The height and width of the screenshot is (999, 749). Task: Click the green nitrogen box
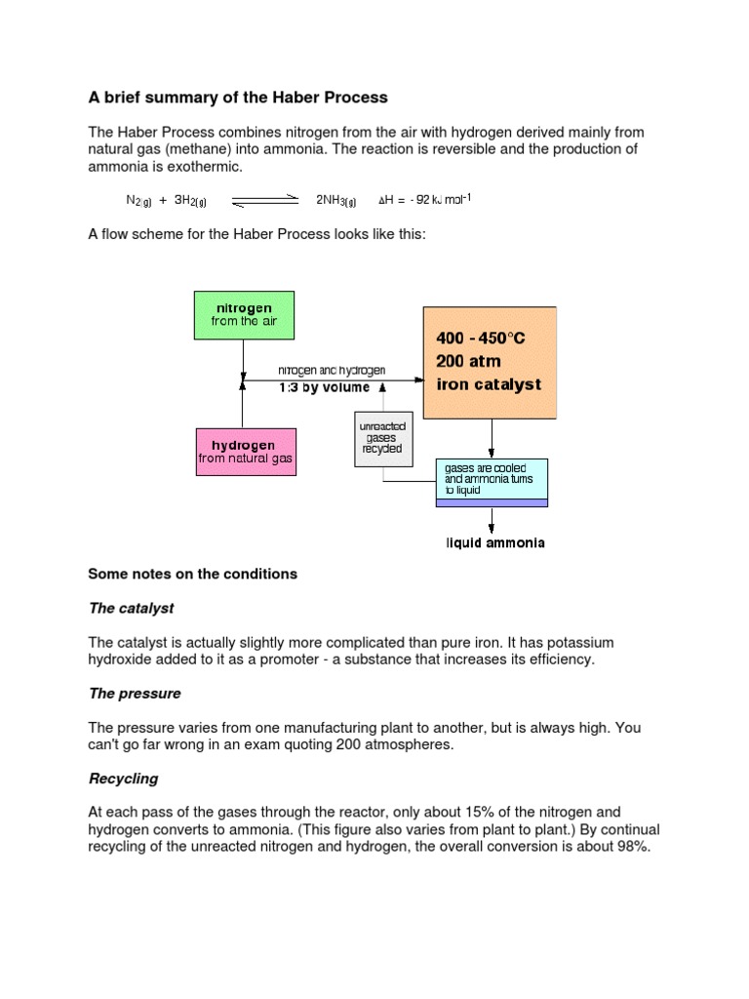point(244,314)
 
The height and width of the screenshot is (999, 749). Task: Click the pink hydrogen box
point(245,451)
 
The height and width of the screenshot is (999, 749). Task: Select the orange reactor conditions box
point(489,362)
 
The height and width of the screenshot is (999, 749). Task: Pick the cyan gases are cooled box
point(492,480)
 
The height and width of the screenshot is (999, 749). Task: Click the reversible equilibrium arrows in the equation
point(264,201)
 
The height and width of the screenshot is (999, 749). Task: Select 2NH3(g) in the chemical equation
point(336,201)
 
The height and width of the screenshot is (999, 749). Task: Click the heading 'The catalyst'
point(131,608)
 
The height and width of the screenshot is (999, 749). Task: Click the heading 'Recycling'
point(123,779)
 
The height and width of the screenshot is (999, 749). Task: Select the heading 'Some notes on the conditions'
point(192,574)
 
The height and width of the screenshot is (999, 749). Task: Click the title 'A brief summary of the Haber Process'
point(238,97)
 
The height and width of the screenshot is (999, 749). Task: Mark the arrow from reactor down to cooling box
point(493,437)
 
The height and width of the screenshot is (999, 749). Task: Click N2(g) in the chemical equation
point(138,201)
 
